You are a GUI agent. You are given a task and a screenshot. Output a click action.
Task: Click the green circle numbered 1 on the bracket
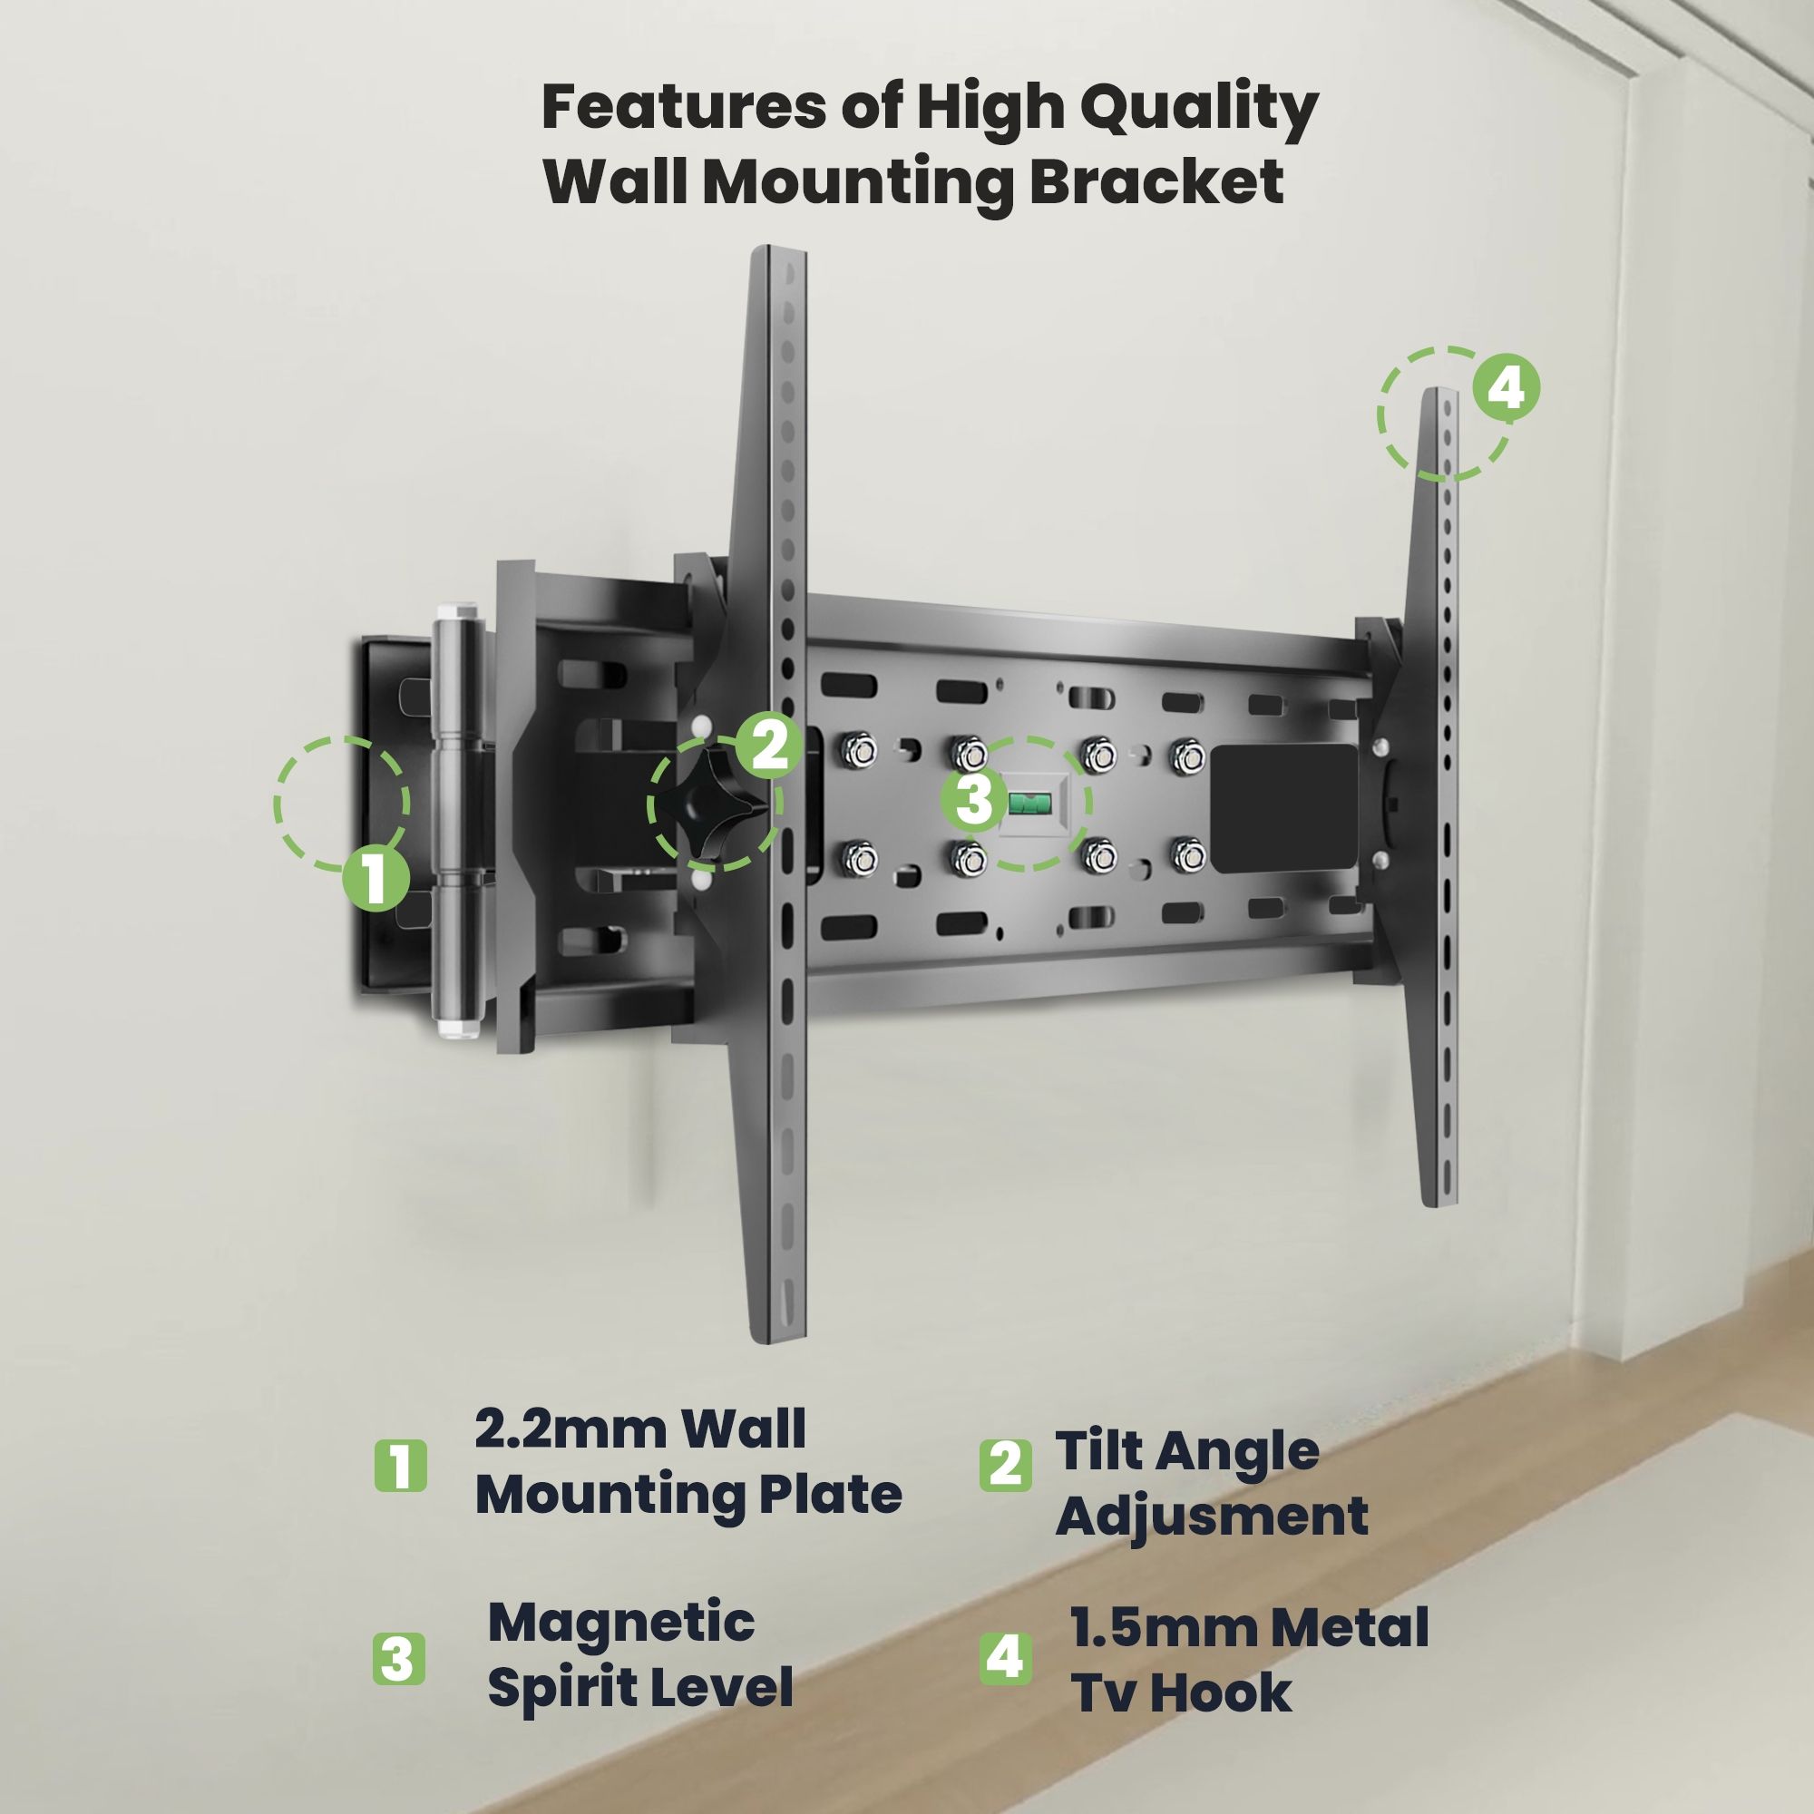(x=375, y=879)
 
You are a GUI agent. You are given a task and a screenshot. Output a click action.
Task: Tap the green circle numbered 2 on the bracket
(x=768, y=746)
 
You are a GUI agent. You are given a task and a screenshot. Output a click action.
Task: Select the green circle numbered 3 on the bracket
(x=976, y=801)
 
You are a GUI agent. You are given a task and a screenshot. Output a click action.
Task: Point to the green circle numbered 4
(x=1506, y=389)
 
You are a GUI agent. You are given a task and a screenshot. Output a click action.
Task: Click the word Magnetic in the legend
(x=621, y=1623)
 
